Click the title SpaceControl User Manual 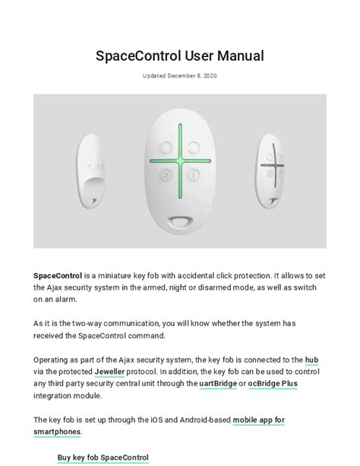coord(179,55)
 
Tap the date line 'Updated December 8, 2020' coord(179,75)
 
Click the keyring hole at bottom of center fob coord(179,221)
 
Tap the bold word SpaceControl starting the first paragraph coord(58,275)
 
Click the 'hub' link coord(311,359)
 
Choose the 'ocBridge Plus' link coord(273,384)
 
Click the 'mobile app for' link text coord(258,420)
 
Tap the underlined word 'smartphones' coord(57,432)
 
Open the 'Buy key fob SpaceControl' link coord(103,458)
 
